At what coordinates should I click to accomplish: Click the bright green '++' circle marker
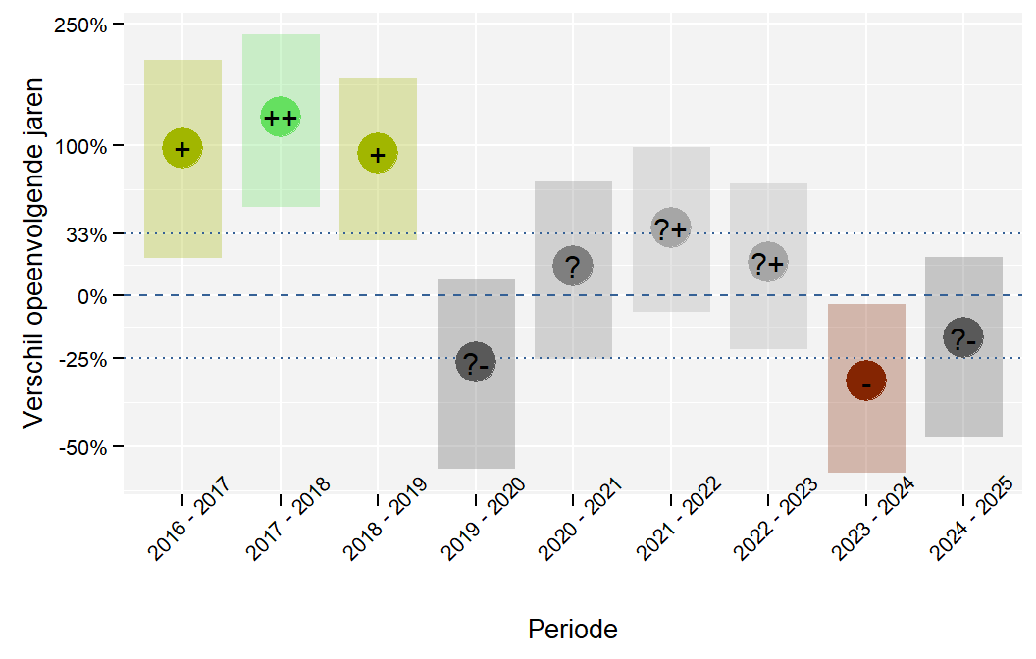[281, 117]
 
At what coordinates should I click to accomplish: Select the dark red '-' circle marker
[866, 380]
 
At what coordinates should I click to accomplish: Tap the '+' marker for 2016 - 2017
[182, 148]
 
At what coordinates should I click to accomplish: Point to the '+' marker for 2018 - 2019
[378, 153]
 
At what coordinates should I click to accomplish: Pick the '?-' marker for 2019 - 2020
[476, 362]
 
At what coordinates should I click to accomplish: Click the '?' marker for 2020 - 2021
[573, 266]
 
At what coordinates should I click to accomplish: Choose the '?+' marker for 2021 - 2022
[671, 228]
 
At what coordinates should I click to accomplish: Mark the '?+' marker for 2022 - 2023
[768, 262]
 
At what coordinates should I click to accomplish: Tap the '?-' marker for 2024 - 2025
[963, 338]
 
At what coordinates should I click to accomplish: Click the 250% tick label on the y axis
[80, 25]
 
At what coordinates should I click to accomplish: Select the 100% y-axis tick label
[80, 146]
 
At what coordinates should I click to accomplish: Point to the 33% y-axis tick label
[86, 234]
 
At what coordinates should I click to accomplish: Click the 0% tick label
[92, 296]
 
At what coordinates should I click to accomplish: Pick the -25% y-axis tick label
[82, 359]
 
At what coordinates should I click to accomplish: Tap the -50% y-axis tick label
[82, 448]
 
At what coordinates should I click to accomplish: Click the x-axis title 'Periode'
[573, 630]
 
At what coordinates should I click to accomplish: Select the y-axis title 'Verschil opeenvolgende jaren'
[33, 253]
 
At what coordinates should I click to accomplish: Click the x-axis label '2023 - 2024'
[872, 519]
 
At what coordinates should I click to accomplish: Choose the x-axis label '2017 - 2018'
[286, 519]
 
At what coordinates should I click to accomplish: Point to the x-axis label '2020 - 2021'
[580, 519]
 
